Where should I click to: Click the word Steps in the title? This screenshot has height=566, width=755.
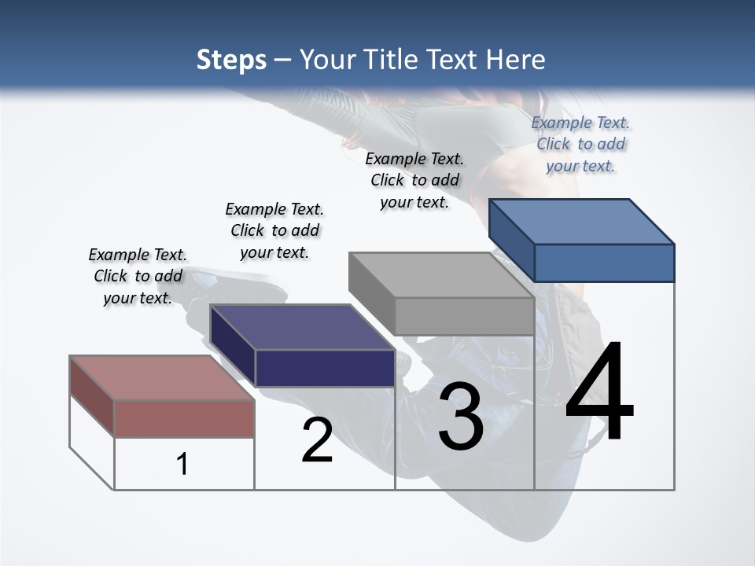click(231, 60)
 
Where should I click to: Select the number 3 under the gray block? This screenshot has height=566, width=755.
click(461, 417)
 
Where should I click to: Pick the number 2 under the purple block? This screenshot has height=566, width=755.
click(317, 440)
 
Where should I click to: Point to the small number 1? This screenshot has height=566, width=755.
click(182, 465)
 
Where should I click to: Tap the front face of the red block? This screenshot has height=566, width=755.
click(184, 418)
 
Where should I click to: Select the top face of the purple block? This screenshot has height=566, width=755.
click(303, 326)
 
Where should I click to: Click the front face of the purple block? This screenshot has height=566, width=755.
click(325, 368)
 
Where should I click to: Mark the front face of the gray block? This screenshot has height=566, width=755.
click(464, 316)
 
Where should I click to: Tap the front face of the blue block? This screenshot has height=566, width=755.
click(604, 263)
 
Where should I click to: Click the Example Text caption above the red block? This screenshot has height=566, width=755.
click(138, 276)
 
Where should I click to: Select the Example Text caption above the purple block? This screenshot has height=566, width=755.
click(274, 230)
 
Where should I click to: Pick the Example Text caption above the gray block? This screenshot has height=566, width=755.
click(414, 180)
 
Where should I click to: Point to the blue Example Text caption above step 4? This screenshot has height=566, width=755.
click(580, 144)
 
